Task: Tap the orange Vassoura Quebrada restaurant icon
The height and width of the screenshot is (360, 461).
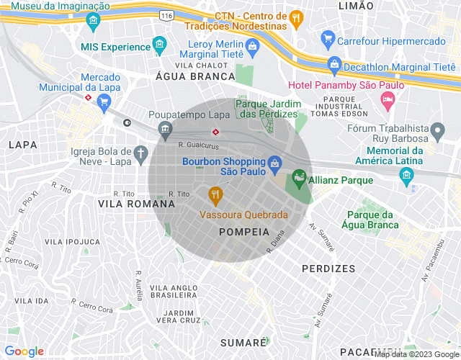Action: pos(215,194)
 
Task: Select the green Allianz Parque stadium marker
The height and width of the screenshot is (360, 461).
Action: pos(298,177)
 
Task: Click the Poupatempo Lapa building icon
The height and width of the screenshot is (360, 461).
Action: pos(166,130)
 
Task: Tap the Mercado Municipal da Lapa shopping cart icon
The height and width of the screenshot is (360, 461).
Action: pos(104,102)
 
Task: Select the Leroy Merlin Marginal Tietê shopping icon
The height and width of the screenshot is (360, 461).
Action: pos(251,48)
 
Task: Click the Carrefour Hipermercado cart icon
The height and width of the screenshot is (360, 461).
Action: pos(328,40)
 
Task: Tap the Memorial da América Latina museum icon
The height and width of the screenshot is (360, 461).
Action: pos(406,175)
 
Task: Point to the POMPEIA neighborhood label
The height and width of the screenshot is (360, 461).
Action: pos(244,232)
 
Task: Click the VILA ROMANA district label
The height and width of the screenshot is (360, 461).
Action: pos(136,204)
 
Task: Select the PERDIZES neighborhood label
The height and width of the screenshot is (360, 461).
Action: pos(328,268)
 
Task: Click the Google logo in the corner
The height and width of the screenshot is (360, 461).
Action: pos(24,351)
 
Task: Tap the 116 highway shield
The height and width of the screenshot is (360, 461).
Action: pos(168,14)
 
